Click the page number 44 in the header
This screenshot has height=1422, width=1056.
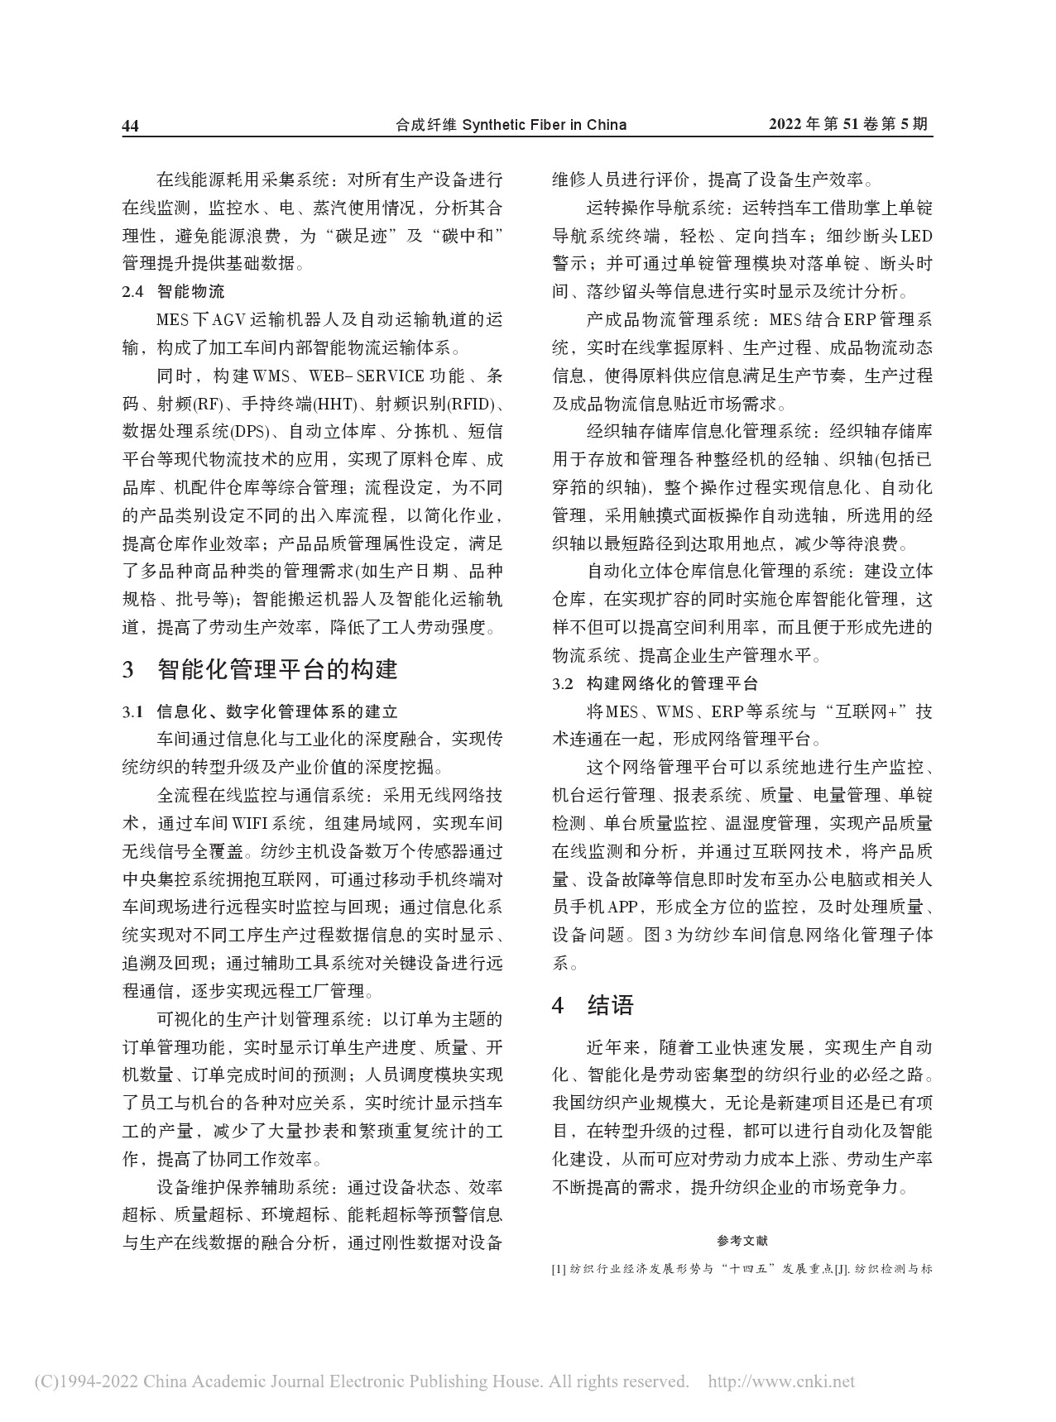click(x=131, y=126)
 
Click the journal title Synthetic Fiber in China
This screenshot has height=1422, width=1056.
click(x=544, y=125)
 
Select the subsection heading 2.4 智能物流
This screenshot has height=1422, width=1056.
click(x=174, y=292)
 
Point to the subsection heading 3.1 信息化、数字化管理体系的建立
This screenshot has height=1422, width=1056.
click(x=260, y=711)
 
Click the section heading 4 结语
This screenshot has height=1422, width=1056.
click(x=593, y=1005)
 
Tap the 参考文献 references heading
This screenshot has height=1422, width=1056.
click(x=742, y=1241)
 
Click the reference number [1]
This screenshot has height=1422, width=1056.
click(x=559, y=1268)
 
